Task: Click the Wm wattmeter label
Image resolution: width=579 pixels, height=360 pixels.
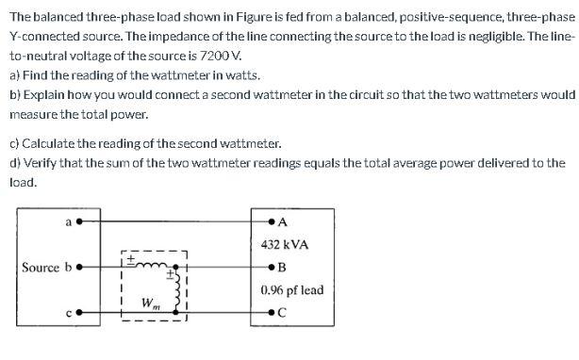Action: (149, 303)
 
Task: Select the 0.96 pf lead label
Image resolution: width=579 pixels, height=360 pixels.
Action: (291, 290)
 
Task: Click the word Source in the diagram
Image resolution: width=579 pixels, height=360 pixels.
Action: (41, 268)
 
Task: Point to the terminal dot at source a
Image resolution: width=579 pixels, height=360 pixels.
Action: (79, 222)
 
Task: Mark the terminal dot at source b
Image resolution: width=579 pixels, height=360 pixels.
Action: (79, 268)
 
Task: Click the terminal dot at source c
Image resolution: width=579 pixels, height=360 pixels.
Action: (79, 312)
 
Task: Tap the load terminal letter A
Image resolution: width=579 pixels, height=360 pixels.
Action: (284, 222)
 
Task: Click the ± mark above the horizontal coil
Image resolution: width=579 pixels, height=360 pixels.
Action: (132, 255)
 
